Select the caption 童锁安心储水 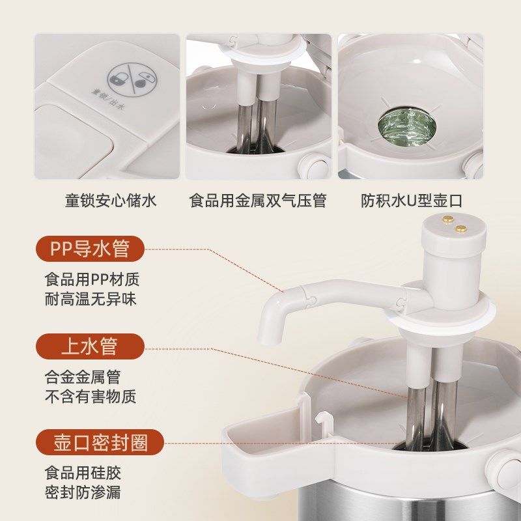point(111,200)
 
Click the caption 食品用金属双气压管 point(258,200)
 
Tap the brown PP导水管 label point(90,249)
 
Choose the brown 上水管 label point(90,346)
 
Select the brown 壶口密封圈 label point(100,443)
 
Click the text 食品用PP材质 point(92,280)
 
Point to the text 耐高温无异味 point(92,300)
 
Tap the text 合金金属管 point(83,376)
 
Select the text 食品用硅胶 point(83,473)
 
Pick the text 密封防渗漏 point(83,493)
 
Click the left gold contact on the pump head point(449,221)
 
